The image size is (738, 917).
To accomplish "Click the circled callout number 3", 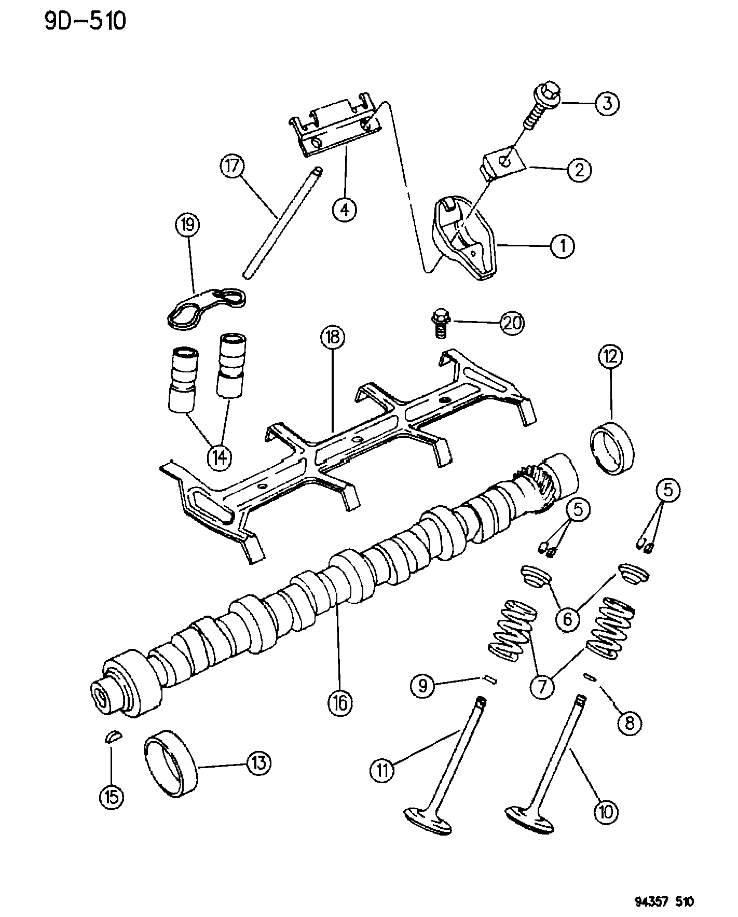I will click(x=606, y=103).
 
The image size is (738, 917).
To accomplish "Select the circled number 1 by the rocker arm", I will click(x=562, y=246).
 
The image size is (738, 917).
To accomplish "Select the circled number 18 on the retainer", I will click(x=332, y=339).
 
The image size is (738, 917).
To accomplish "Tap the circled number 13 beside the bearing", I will click(x=258, y=763).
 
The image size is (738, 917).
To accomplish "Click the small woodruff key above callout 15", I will click(x=113, y=737).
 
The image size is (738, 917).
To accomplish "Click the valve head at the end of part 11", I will click(x=428, y=821).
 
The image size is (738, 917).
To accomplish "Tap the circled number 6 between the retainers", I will click(x=567, y=619).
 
